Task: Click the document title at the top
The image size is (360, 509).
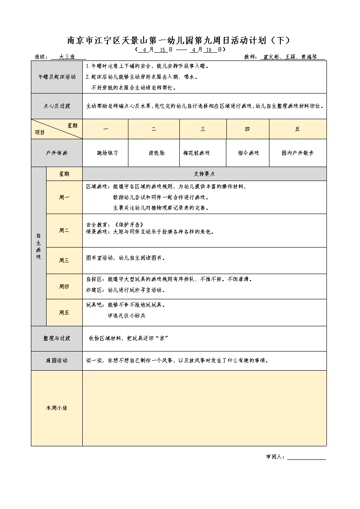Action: pos(178,40)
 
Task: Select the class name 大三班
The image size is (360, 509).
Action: pos(67,57)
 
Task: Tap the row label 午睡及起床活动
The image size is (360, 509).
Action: pos(57,77)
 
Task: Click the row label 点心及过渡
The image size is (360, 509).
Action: pos(57,106)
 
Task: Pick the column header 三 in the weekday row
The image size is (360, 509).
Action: pos(203,129)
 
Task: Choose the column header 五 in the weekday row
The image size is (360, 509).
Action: pos(297,129)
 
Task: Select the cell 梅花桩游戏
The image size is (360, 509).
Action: pos(197,153)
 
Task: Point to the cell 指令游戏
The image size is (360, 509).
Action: pos(248,153)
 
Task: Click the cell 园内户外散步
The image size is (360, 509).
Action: pos(297,153)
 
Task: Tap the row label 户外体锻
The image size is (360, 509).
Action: pos(57,153)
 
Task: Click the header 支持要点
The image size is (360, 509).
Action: pos(204,174)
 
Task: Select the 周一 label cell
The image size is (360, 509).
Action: pos(64,197)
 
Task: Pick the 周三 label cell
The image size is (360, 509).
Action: pos(64,260)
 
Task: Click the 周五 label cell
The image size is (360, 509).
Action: pos(64,312)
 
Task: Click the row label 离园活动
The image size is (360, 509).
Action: pos(57,361)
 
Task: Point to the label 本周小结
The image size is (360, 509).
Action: pos(57,408)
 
